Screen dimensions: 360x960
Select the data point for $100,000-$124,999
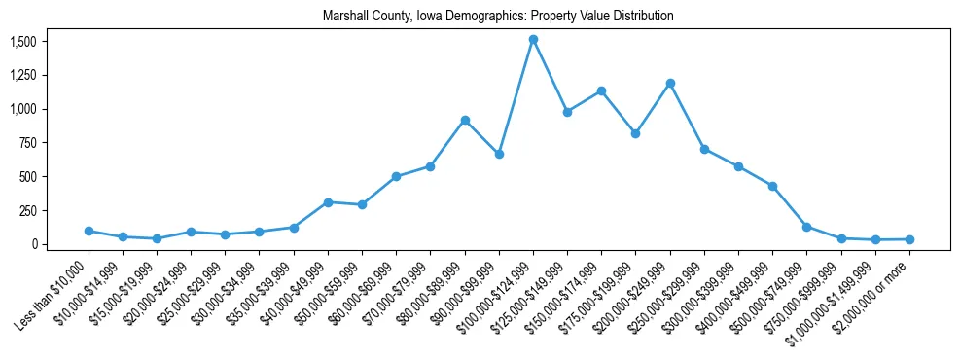pos(533,40)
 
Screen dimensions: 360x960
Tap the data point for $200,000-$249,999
pos(670,83)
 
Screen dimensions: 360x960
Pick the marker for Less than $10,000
pos(89,231)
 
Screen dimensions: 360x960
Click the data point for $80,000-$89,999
pos(465,120)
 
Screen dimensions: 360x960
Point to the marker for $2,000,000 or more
pos(909,239)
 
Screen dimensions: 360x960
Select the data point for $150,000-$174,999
pos(601,90)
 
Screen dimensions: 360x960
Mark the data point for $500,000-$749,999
pos(806,227)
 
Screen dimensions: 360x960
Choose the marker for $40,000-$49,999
pos(328,202)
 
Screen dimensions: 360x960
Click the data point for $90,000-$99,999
pos(499,154)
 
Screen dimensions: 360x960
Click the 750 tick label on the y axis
pos(28,143)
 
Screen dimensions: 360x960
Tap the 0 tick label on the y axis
pos(34,244)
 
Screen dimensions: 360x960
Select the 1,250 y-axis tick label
pos(22,76)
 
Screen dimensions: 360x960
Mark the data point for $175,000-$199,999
pos(635,133)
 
